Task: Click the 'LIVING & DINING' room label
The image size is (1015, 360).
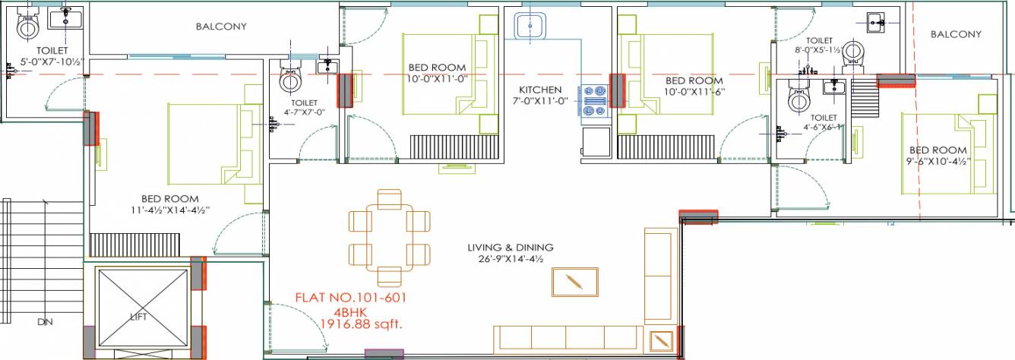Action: point(510,248)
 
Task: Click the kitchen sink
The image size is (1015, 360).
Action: point(529,27)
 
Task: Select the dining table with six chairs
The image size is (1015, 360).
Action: point(391,233)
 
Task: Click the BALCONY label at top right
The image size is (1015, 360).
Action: point(956,34)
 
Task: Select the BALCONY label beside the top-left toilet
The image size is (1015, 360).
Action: point(221,27)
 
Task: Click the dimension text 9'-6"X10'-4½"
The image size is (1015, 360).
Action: point(938,161)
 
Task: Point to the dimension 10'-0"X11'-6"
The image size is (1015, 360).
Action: point(694,92)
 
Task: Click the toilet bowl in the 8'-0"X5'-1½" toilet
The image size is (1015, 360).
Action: point(856,52)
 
